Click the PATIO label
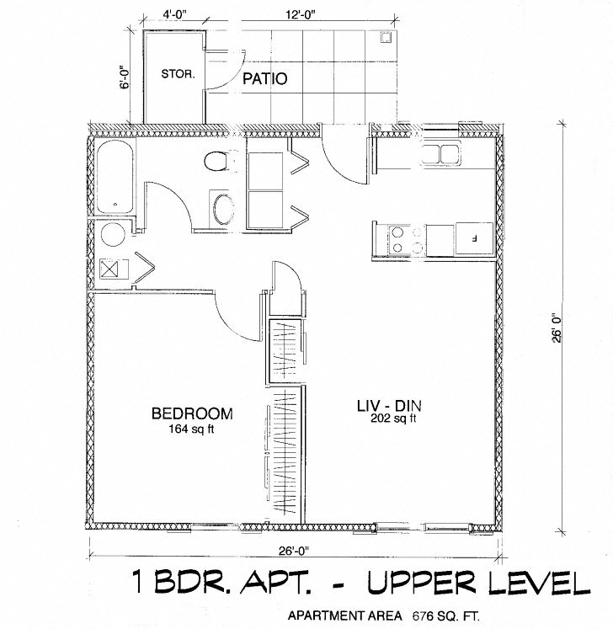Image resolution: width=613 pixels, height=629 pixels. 265,80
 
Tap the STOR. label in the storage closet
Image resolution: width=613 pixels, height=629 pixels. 178,73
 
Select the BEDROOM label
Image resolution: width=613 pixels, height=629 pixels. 192,413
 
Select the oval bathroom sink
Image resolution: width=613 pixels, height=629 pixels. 224,210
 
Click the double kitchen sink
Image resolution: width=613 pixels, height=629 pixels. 440,155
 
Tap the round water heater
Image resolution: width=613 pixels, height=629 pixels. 112,235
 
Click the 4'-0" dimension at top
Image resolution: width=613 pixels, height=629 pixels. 175,14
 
